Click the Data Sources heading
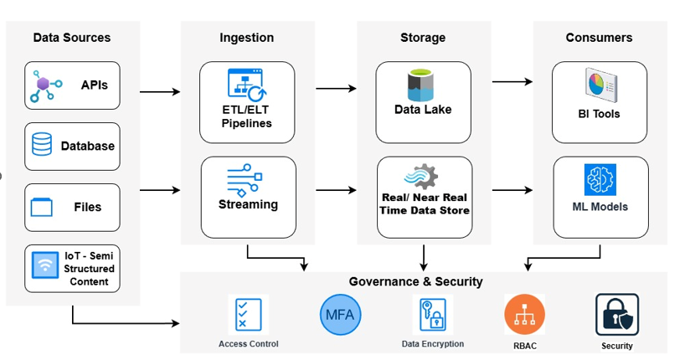[x=72, y=37]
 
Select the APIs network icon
[x=47, y=86]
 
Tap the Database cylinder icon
[x=42, y=146]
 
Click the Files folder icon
[x=41, y=206]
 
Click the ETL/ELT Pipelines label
[x=246, y=116]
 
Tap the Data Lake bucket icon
[x=422, y=85]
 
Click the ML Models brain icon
[x=600, y=180]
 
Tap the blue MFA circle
[x=339, y=316]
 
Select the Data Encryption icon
[x=432, y=316]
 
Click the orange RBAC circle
[x=524, y=315]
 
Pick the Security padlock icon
[x=616, y=315]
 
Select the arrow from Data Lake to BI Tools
[x=512, y=82]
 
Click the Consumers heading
[x=599, y=37]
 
